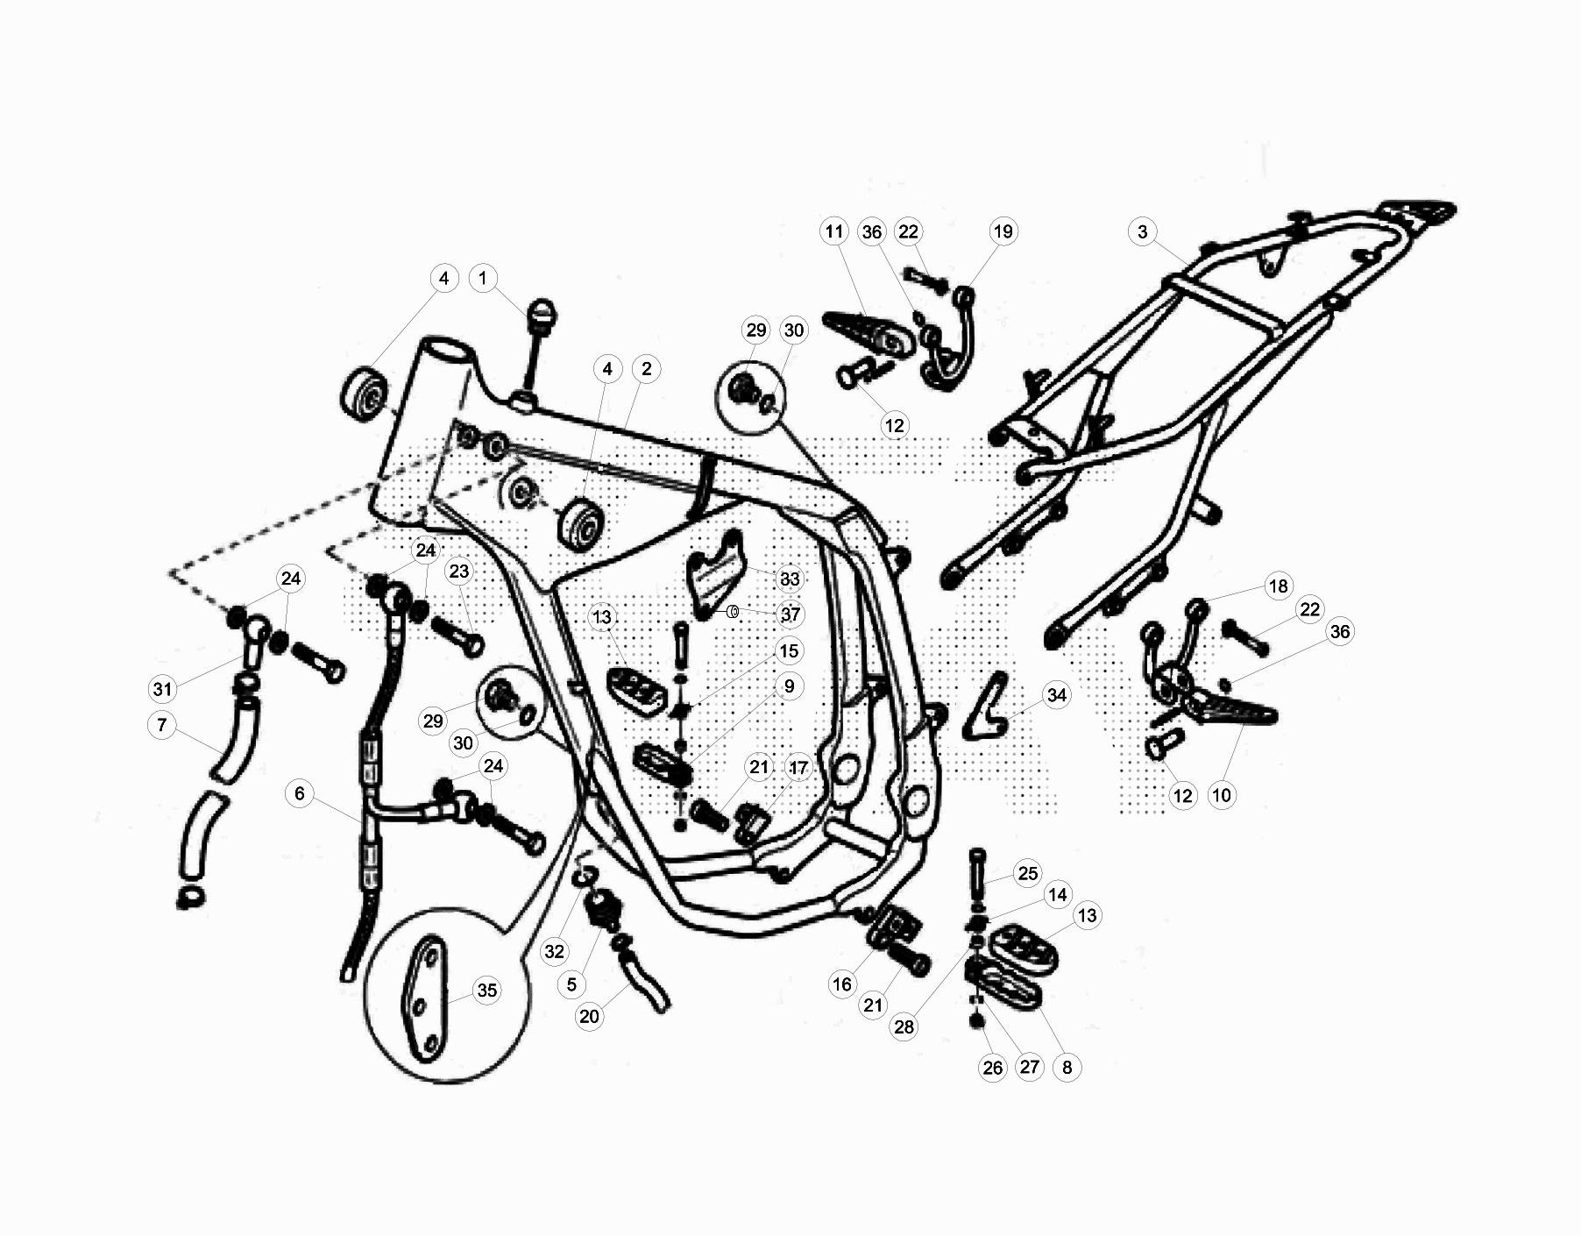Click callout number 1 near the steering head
click(482, 279)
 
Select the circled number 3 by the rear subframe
click(1142, 232)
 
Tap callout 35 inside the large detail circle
click(486, 991)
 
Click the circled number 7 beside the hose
click(162, 725)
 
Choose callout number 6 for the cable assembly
click(300, 793)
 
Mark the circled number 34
click(1057, 695)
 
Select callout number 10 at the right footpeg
click(1221, 795)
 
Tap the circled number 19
click(1003, 231)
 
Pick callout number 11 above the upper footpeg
click(833, 231)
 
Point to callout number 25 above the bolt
click(1027, 873)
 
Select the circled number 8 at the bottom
click(1067, 1067)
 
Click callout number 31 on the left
click(162, 689)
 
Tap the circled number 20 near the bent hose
click(589, 1016)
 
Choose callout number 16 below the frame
click(841, 984)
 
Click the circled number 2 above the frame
click(646, 368)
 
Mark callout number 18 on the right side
click(1278, 586)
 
